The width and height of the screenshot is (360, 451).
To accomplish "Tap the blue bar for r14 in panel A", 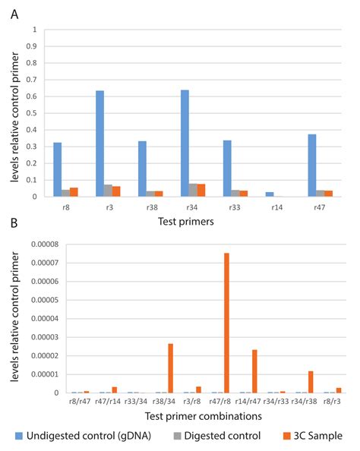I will click(x=270, y=194).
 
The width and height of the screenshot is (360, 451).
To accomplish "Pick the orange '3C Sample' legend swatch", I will click(x=286, y=436).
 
